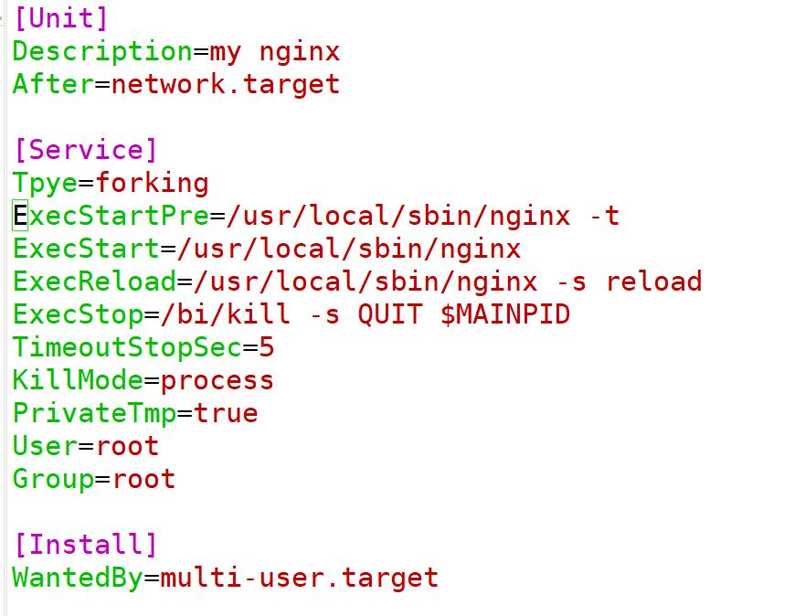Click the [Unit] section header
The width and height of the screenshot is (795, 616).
(60, 18)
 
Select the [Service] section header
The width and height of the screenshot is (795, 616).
(85, 150)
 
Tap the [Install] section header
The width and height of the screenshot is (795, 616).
(85, 545)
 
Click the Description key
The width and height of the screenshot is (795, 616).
(101, 51)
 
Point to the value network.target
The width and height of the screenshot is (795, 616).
(226, 84)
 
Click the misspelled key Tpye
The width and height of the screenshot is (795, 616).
(45, 183)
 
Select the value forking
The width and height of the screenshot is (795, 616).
(153, 183)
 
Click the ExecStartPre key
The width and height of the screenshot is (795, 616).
(111, 216)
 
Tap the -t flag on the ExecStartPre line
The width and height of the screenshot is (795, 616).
(603, 216)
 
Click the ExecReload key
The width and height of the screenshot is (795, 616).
(94, 281)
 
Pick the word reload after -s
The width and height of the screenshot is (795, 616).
(654, 281)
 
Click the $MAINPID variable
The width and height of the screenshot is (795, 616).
(505, 314)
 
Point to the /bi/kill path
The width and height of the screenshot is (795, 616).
(226, 314)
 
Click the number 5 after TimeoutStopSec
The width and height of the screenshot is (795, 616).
(267, 347)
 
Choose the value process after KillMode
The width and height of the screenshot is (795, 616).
(217, 380)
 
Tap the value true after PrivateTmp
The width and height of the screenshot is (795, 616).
(226, 413)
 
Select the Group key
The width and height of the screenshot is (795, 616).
(53, 479)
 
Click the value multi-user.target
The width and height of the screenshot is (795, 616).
(300, 578)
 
